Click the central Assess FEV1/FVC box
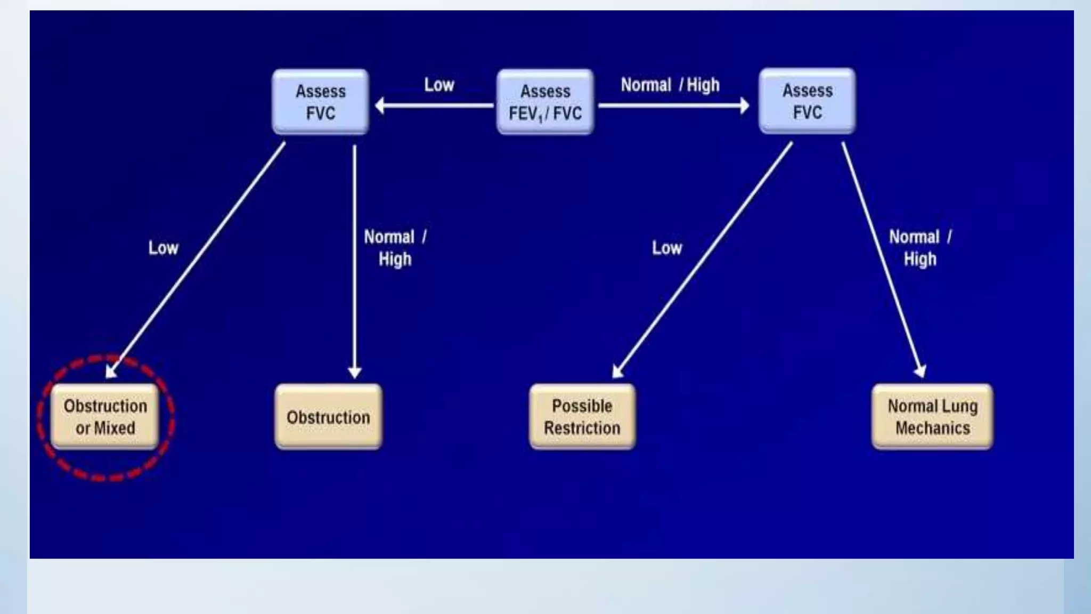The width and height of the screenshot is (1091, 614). [x=545, y=102]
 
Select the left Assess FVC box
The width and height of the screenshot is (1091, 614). [x=320, y=102]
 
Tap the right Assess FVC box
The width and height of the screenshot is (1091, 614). [x=807, y=101]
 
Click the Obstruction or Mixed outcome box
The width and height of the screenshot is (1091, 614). [x=105, y=417]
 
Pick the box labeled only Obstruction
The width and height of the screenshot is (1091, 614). [x=328, y=417]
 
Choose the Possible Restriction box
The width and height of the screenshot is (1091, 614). [x=582, y=417]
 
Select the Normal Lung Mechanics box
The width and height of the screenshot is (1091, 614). [x=932, y=417]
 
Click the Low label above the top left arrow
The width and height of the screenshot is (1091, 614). [x=439, y=85]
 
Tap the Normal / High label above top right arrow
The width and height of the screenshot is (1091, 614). [x=670, y=85]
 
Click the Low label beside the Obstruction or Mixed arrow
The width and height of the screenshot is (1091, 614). [x=163, y=248]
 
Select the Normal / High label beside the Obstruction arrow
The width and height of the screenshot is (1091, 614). [x=395, y=248]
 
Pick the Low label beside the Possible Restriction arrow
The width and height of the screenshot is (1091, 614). [x=666, y=248]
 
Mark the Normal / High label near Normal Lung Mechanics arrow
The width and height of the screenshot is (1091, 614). [x=920, y=248]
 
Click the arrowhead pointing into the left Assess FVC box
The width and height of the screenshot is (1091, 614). [x=380, y=106]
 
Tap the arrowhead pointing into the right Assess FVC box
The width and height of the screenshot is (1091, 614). [x=744, y=106]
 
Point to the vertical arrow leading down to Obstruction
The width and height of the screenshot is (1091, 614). [x=354, y=256]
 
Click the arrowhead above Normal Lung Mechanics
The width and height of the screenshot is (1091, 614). [x=920, y=371]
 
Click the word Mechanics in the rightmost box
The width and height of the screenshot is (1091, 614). [x=932, y=428]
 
